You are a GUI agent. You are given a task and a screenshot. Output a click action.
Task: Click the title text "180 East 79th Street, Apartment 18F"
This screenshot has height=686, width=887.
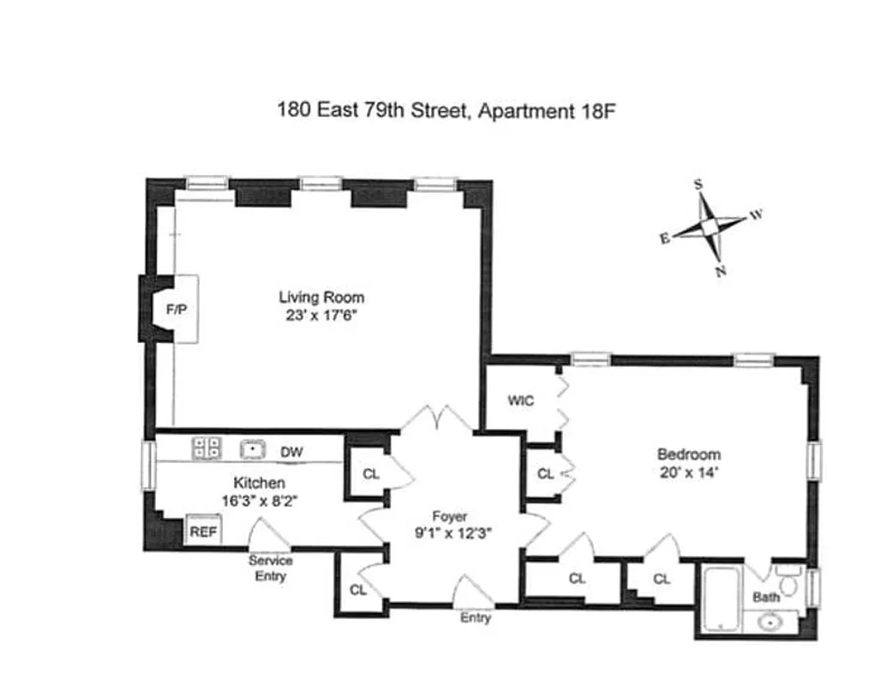point(446,111)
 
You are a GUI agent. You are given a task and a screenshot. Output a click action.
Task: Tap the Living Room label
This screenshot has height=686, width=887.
point(321,298)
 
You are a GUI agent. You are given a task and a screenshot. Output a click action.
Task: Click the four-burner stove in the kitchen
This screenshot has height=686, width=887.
point(207,448)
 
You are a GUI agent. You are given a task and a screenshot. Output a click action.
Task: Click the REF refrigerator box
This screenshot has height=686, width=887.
point(204,532)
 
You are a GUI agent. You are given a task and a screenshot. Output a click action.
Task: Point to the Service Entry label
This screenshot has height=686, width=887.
point(270,568)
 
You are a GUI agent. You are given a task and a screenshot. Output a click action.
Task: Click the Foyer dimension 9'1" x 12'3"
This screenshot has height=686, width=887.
point(449,533)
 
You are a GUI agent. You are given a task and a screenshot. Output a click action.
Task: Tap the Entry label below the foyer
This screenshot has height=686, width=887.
point(476,617)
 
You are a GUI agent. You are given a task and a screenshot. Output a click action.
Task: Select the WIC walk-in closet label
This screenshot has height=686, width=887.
point(521,400)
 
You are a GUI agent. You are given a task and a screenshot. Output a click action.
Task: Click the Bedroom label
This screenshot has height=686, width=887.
point(688,454)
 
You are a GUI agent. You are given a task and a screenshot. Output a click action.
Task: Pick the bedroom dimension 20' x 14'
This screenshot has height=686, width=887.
point(688,472)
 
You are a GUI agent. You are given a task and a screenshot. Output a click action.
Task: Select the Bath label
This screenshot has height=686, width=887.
point(766,597)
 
